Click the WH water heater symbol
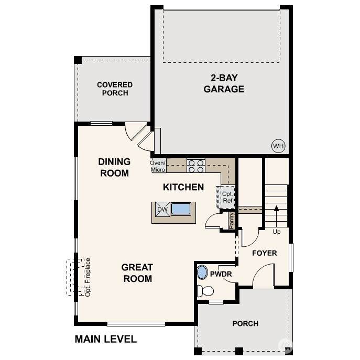pos(278,146)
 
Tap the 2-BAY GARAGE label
pos(224,83)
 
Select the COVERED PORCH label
pos(115,89)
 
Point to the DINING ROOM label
pos(114,167)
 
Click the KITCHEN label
pos(183,187)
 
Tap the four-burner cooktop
pos(196,166)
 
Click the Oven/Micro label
pos(158,166)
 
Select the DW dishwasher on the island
pos(162,210)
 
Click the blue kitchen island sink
pos(181,209)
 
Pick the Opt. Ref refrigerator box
pos(226,197)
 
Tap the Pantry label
pos(232,221)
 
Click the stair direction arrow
pos(277,216)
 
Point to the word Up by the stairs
pos(277,232)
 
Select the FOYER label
pos(265,253)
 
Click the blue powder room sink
pos(202,272)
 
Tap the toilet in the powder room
pos(205,291)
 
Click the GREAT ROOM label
pos(137,273)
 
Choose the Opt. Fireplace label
pos(88,277)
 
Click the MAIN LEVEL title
pos(106,339)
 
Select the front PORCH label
pos(245,323)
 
